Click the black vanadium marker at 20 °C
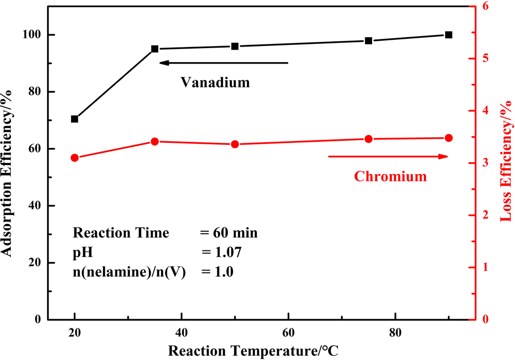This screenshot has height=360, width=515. tap(75, 119)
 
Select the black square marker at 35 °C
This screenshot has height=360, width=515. tap(155, 49)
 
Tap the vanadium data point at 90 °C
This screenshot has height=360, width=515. tap(449, 35)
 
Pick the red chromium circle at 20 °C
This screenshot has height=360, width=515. tap(75, 158)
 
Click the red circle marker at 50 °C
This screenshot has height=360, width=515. tap(235, 144)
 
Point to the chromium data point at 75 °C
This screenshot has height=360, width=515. tap(369, 139)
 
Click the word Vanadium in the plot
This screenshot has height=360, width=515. tap(215, 82)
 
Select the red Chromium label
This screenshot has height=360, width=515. tap(390, 177)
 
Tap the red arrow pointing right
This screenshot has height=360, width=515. tap(388, 156)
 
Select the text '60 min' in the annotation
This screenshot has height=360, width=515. tap(237, 233)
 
